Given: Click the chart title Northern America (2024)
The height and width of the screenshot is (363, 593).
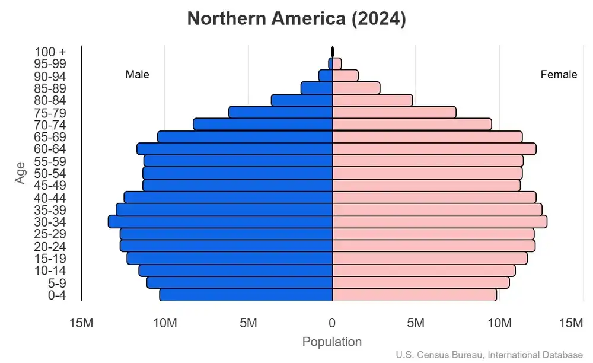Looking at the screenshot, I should point(296,19).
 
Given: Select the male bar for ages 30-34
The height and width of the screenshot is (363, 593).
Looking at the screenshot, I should point(220,222).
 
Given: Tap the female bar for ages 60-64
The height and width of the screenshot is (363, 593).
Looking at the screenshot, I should point(434,149).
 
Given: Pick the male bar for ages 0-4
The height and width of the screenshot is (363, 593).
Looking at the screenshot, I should point(246,295).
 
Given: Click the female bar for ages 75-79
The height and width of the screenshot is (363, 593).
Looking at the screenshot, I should point(394,112).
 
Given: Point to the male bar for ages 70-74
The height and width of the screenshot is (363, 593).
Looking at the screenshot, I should point(263,124).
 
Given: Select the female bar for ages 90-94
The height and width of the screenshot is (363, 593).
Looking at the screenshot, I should point(345,75).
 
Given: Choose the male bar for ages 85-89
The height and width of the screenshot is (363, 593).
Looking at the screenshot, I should point(317,88).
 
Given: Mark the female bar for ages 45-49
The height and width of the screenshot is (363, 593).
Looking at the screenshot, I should point(426,185).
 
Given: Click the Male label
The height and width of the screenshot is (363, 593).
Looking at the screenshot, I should point(138,75).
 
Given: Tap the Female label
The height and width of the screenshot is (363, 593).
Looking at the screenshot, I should point(559,75).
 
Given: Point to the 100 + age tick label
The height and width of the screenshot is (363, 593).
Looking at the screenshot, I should point(50,52).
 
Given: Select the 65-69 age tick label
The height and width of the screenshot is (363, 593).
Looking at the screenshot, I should point(50,137).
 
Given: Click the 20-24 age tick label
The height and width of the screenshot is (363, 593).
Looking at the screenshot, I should point(50,247).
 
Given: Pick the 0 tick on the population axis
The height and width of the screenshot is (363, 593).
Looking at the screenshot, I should point(332,323).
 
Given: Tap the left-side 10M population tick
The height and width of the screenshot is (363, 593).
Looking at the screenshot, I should point(165,323).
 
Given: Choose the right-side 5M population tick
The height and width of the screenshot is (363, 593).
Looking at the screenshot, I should point(416,323).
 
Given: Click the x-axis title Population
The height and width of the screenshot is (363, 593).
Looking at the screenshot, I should point(331,342).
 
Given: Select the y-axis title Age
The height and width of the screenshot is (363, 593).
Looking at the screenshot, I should point(21,173).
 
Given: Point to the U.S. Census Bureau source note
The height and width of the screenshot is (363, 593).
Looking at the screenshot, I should point(489,355).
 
